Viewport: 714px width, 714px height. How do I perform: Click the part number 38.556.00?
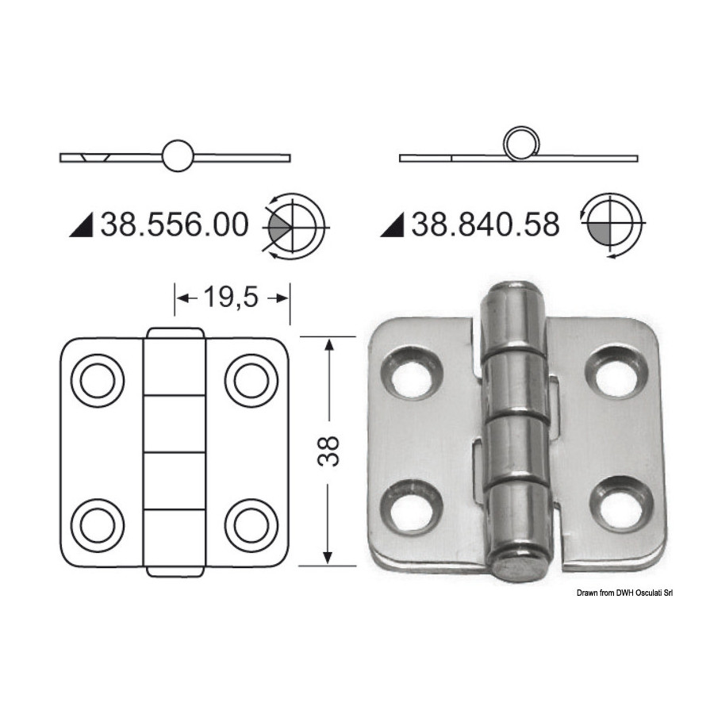click(175, 225)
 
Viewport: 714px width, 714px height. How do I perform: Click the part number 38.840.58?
click(486, 225)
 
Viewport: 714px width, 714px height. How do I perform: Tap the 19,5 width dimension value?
click(231, 297)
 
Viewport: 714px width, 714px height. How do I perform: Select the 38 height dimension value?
click(328, 451)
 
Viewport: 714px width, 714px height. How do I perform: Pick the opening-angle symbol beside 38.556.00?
click(294, 226)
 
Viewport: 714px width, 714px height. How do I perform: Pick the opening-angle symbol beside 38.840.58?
click(612, 224)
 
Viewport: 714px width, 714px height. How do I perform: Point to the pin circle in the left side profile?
click(178, 155)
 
